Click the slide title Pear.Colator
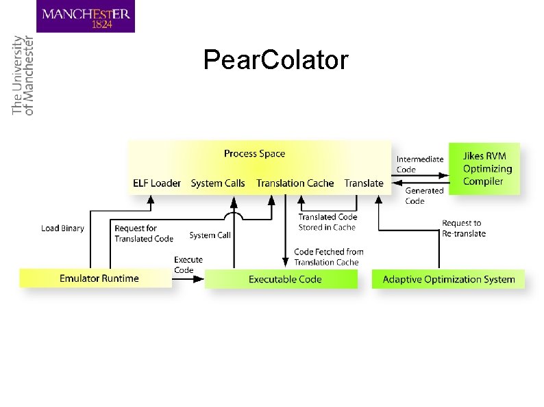tap(275, 60)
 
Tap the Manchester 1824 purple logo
tap(86, 16)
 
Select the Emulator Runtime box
tap(96, 278)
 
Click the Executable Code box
tap(282, 279)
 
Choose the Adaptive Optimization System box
tap(448, 279)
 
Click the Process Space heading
tap(254, 154)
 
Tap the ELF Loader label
tap(157, 183)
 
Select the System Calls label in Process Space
tap(218, 183)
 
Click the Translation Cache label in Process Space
tap(295, 183)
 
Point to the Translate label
tap(364, 183)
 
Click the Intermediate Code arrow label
tap(420, 164)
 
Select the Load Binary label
tap(62, 228)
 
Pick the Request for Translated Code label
tap(144, 233)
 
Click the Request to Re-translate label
tap(463, 228)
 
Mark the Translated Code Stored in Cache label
tap(327, 222)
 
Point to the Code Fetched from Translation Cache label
tap(328, 257)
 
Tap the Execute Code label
tap(188, 265)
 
